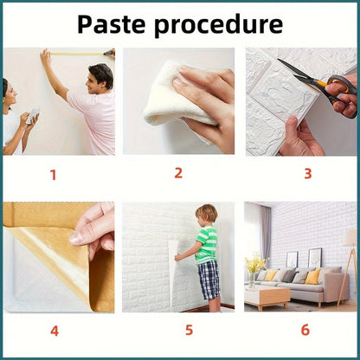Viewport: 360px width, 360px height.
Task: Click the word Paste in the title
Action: click(x=111, y=24)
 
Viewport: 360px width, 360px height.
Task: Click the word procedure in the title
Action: click(x=218, y=26)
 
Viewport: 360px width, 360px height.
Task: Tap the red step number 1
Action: click(x=53, y=175)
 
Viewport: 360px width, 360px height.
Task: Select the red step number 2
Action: click(x=178, y=173)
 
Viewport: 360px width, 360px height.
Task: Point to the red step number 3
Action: click(x=308, y=174)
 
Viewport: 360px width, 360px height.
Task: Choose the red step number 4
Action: click(x=55, y=331)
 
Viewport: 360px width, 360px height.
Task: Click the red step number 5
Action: click(x=189, y=330)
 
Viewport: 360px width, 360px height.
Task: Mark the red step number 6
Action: click(x=305, y=330)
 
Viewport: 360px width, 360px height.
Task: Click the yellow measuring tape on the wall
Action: click(x=78, y=54)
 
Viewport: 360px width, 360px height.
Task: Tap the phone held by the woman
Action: click(x=33, y=116)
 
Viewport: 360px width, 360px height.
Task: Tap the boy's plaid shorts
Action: click(x=209, y=280)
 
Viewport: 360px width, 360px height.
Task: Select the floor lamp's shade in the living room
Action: click(x=350, y=237)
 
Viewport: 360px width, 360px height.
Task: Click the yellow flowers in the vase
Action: click(x=254, y=263)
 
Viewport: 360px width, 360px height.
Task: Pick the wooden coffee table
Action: click(x=267, y=298)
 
